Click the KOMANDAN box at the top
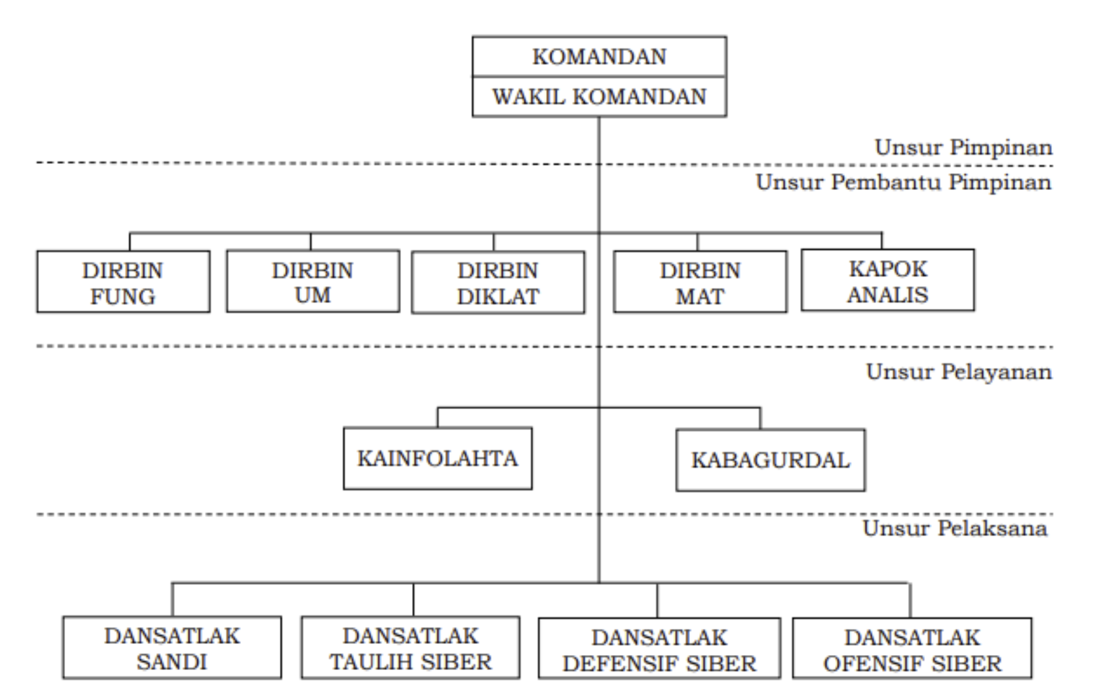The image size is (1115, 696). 599,57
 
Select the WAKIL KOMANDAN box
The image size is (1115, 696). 599,97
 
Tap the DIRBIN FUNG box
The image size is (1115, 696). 124,282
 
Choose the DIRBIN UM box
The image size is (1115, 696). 313,281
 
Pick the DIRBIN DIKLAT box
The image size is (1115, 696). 498,282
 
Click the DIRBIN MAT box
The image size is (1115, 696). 700,282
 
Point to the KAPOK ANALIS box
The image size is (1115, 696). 888,280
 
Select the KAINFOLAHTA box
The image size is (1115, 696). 437,459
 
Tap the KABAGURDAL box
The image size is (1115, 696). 771,460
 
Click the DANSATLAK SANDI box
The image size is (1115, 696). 172,648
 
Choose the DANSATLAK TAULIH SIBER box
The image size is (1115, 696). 411,648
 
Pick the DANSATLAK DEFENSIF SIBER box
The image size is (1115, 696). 659,649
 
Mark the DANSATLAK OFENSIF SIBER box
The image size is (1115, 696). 913,649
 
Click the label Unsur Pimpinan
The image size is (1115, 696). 964,148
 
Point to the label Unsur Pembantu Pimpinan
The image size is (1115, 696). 904,183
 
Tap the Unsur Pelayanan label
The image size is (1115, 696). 959,372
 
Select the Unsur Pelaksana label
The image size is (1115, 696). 956,528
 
